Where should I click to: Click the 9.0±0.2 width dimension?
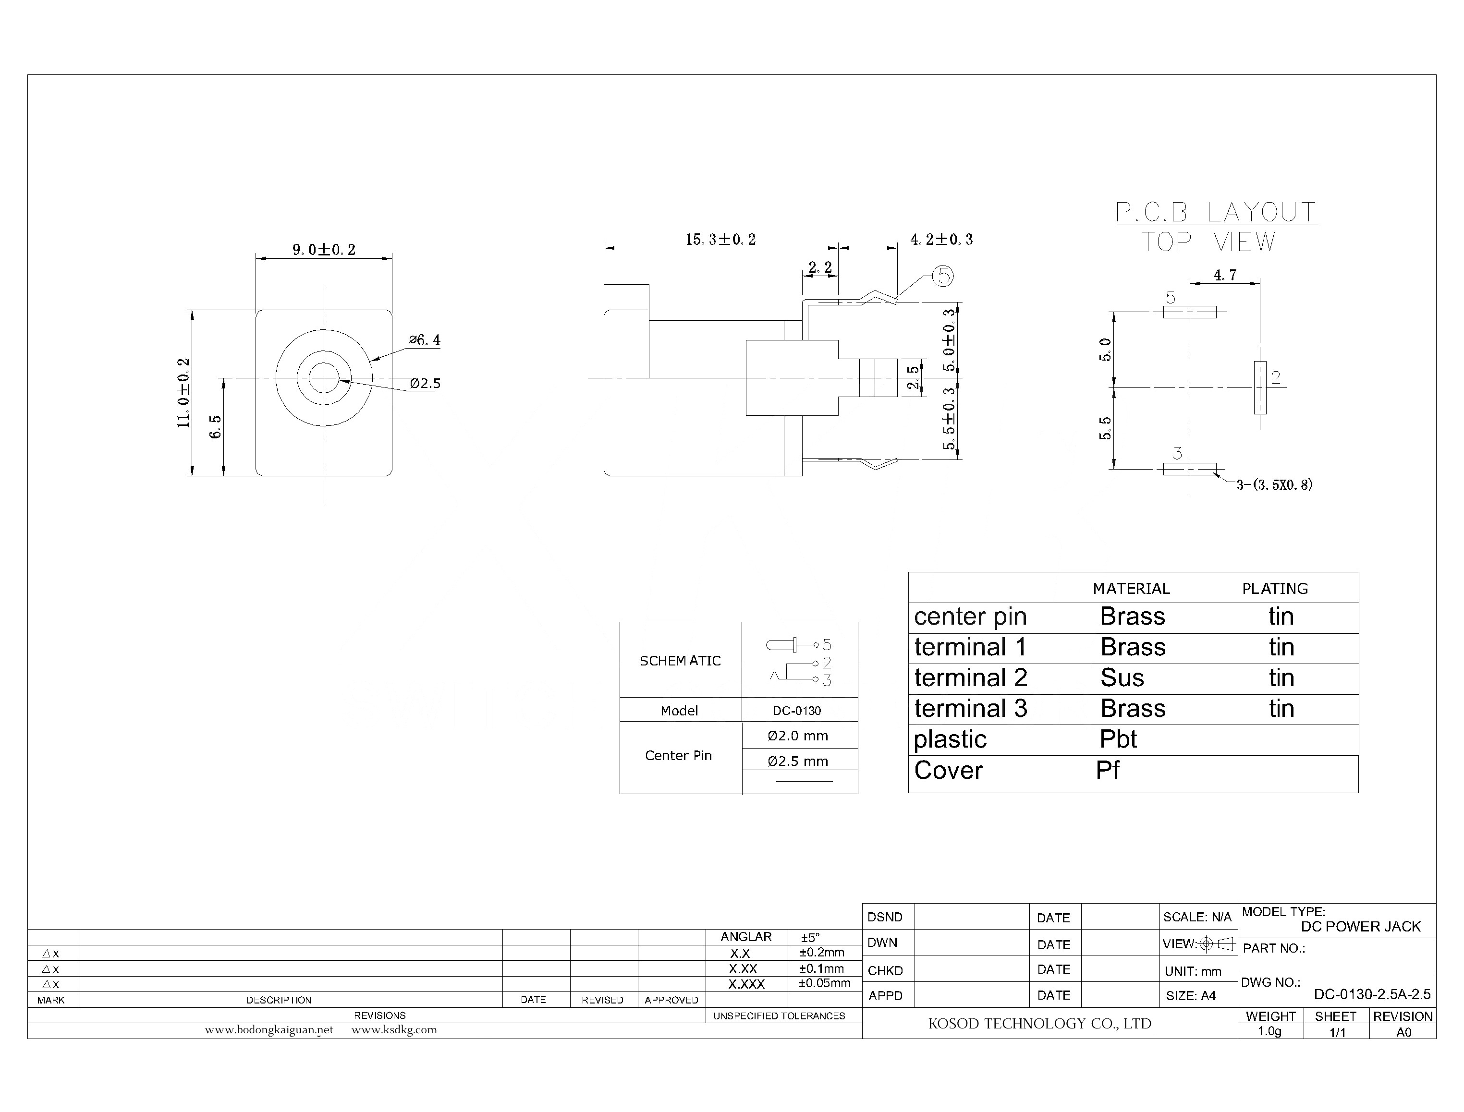point(324,250)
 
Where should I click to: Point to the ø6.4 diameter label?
point(425,340)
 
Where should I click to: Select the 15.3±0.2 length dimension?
point(720,239)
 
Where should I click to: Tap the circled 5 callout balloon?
point(943,276)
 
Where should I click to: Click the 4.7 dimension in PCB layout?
point(1224,275)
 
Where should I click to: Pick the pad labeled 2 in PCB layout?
point(1260,388)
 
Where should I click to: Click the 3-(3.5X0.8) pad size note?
point(1274,484)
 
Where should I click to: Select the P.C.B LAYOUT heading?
point(1216,213)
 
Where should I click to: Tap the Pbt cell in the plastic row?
point(1118,739)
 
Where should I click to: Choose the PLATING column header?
point(1275,589)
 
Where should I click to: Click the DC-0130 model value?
point(796,711)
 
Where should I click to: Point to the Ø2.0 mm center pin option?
point(797,736)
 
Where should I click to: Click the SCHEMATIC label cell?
point(680,661)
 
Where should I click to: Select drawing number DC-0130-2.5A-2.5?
point(1372,994)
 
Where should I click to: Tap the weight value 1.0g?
point(1269,1031)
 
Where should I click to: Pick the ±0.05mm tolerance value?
point(824,983)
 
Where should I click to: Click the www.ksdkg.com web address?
point(394,1030)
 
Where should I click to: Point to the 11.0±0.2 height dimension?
point(183,393)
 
